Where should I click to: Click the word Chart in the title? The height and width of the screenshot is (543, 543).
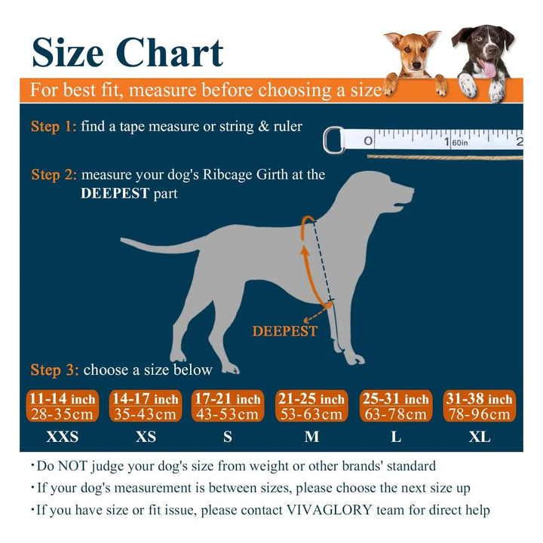point(170,53)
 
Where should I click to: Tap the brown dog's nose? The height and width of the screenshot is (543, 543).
point(416,65)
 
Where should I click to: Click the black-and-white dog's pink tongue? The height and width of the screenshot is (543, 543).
point(489,69)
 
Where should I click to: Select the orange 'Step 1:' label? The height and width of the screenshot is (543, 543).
point(54,127)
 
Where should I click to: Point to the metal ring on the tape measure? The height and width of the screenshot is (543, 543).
point(333,140)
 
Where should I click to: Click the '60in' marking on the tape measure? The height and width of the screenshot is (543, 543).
point(460,143)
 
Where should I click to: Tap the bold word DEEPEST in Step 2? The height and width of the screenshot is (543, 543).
point(115,193)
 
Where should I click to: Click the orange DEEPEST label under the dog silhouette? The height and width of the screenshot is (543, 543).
point(284,331)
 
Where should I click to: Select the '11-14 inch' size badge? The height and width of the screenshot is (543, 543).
point(63,406)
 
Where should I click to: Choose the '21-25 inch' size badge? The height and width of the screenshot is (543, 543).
point(311,406)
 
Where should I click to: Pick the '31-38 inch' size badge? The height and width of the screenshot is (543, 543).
point(480,406)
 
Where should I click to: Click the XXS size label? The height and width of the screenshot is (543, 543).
point(63,437)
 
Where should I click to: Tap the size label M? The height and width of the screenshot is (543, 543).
point(311,437)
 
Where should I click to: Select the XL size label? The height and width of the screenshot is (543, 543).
point(480,437)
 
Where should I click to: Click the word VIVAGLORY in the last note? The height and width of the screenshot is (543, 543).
point(329,510)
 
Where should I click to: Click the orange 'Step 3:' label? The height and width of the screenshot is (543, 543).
point(54,370)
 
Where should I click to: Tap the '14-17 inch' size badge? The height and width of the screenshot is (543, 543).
point(146,406)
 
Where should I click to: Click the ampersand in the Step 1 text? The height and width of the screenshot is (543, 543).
point(263,127)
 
